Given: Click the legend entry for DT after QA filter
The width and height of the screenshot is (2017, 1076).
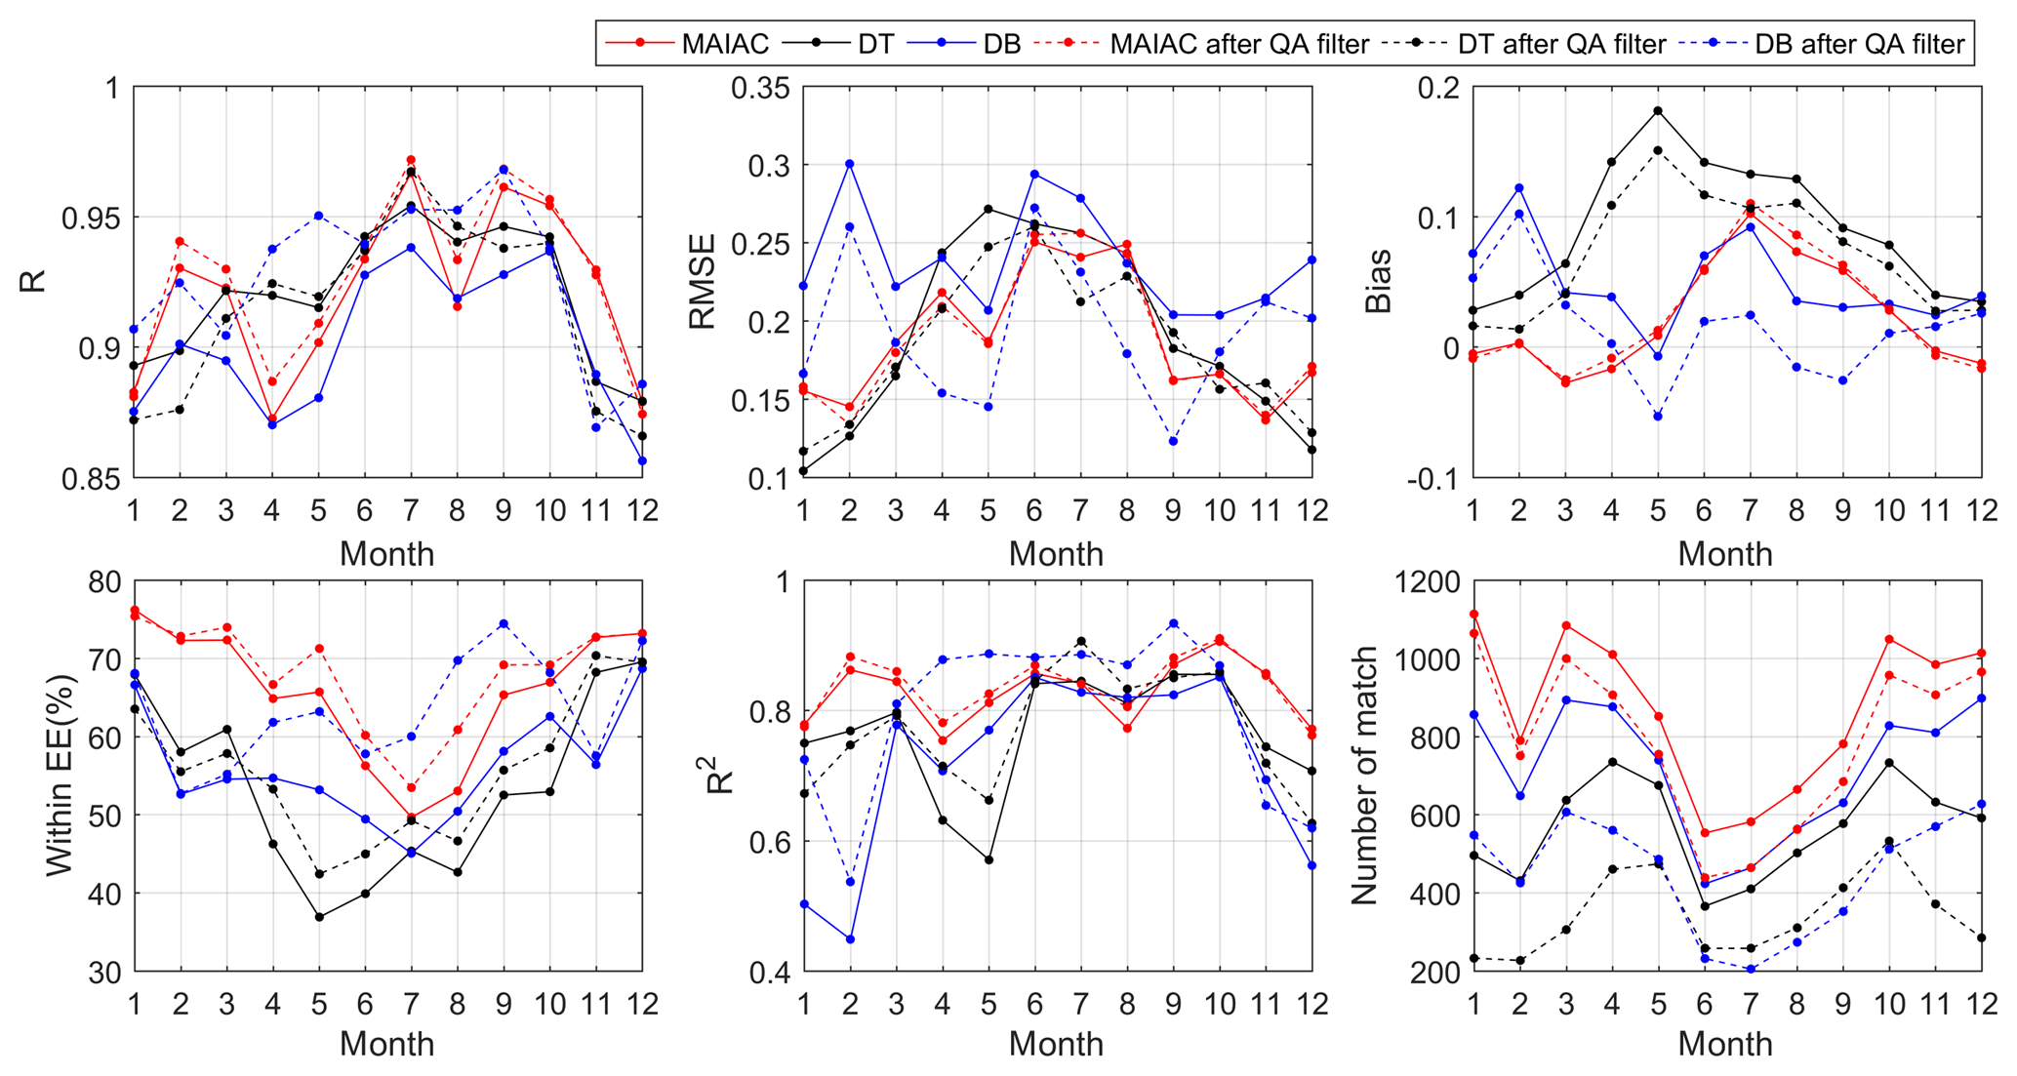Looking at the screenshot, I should [x=1561, y=44].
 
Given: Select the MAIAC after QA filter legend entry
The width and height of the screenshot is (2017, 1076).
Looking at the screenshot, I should [x=1239, y=44].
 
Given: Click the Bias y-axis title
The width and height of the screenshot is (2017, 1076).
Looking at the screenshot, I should [x=1378, y=282].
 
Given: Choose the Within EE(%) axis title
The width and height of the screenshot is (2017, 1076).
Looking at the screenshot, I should [x=59, y=776].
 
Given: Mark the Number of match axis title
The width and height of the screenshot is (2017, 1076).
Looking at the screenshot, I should [x=1364, y=776].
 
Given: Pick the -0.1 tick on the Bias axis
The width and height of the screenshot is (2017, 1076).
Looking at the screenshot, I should [x=1432, y=478].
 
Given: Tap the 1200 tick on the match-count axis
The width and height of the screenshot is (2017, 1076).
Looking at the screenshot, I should [x=1427, y=582].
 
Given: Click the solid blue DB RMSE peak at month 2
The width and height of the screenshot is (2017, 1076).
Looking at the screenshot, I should [x=849, y=164].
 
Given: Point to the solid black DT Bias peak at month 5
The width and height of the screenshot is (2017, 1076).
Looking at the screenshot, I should [x=1657, y=110].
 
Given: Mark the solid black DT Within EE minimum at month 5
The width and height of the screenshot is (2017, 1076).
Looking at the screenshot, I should [x=319, y=917].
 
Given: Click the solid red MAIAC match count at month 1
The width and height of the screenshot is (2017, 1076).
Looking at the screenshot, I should [x=1472, y=615].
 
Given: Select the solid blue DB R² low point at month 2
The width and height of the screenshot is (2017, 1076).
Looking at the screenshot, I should [x=849, y=939].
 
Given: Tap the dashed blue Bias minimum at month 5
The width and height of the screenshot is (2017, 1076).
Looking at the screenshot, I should [x=1657, y=417].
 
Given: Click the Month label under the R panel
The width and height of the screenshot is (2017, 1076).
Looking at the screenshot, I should [x=386, y=554].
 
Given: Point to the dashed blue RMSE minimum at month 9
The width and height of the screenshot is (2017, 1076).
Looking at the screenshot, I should [x=1173, y=442].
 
